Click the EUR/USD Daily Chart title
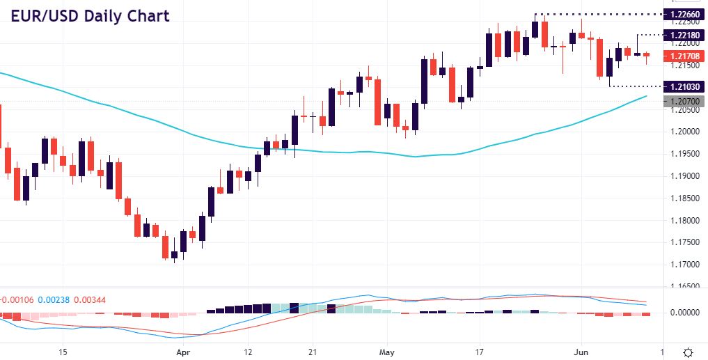pos(90,15)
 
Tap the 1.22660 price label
pos(686,14)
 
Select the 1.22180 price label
pos(686,35)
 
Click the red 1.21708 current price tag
pos(686,56)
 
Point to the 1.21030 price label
pos(686,86)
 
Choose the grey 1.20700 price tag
pos(686,102)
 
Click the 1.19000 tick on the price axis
pos(686,176)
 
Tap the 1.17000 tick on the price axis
pos(686,265)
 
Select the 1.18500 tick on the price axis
pos(686,198)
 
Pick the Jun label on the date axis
pos(580,353)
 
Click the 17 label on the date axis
pos(480,353)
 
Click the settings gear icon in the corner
pos(688,352)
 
